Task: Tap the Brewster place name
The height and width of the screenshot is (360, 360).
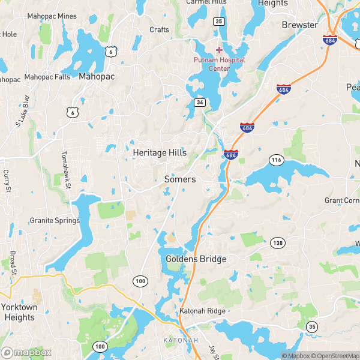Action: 299,25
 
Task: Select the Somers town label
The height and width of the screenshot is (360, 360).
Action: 180,179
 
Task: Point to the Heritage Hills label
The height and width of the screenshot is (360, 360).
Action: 160,153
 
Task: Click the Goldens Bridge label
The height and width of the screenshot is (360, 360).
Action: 196,259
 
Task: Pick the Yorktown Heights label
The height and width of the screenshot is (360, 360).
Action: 19,312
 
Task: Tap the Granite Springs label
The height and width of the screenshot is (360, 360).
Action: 55,220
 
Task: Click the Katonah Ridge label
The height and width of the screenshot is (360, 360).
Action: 202,311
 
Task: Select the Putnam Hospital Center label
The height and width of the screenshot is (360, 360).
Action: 219,64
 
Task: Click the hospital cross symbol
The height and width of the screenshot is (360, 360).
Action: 219,50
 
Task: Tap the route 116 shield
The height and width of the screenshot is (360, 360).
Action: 276,160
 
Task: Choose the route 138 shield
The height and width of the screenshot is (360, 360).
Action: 277,242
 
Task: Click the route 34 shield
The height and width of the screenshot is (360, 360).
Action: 200,103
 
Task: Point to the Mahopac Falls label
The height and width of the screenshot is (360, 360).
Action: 47,77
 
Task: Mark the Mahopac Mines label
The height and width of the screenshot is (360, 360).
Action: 53,16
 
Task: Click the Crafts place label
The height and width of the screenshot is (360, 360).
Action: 159,29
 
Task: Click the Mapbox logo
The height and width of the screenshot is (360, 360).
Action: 26,353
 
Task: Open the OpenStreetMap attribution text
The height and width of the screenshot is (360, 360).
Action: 337,356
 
